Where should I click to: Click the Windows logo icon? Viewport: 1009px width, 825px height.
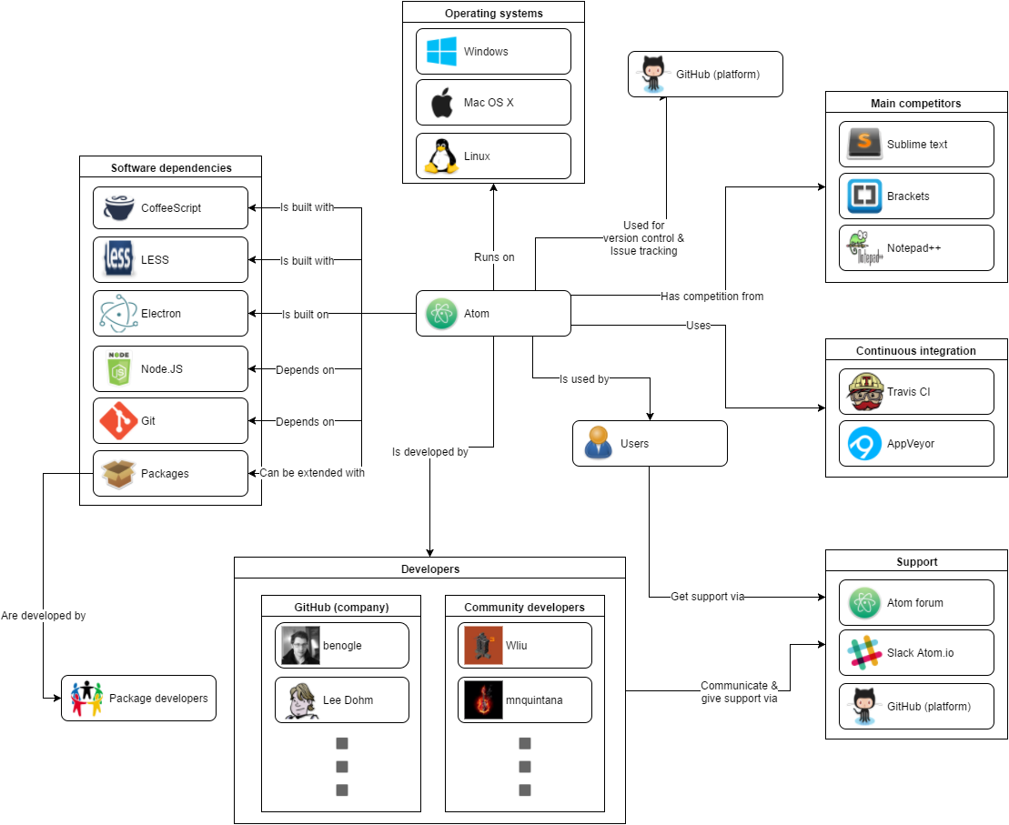(442, 52)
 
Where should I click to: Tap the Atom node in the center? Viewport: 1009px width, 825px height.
(493, 314)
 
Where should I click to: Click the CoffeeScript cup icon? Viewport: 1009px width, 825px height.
(119, 208)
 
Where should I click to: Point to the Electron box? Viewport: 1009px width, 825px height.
(170, 314)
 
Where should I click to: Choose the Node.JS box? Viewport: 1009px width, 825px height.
(170, 369)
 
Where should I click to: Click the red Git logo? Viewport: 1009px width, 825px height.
(119, 421)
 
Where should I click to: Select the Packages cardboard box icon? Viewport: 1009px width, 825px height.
(119, 474)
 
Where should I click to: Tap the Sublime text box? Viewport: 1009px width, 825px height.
(916, 145)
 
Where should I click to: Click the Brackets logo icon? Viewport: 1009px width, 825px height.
(864, 196)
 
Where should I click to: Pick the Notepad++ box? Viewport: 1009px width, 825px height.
(916, 248)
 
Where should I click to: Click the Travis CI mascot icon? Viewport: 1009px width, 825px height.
(864, 392)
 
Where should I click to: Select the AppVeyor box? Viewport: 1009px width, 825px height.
(916, 444)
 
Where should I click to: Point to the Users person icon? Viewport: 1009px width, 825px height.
(598, 444)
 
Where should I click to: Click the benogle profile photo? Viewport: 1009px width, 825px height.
(300, 646)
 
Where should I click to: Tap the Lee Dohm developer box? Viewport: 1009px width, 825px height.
(342, 700)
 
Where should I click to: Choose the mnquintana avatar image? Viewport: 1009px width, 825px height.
(483, 700)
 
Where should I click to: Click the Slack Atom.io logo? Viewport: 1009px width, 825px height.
(864, 653)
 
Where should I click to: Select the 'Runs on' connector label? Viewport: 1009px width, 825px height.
(494, 257)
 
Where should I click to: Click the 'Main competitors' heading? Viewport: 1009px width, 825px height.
(916, 104)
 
